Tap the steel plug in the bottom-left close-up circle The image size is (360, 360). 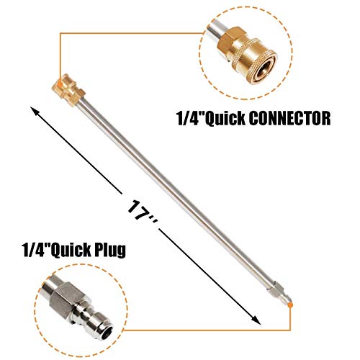point(79,314)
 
